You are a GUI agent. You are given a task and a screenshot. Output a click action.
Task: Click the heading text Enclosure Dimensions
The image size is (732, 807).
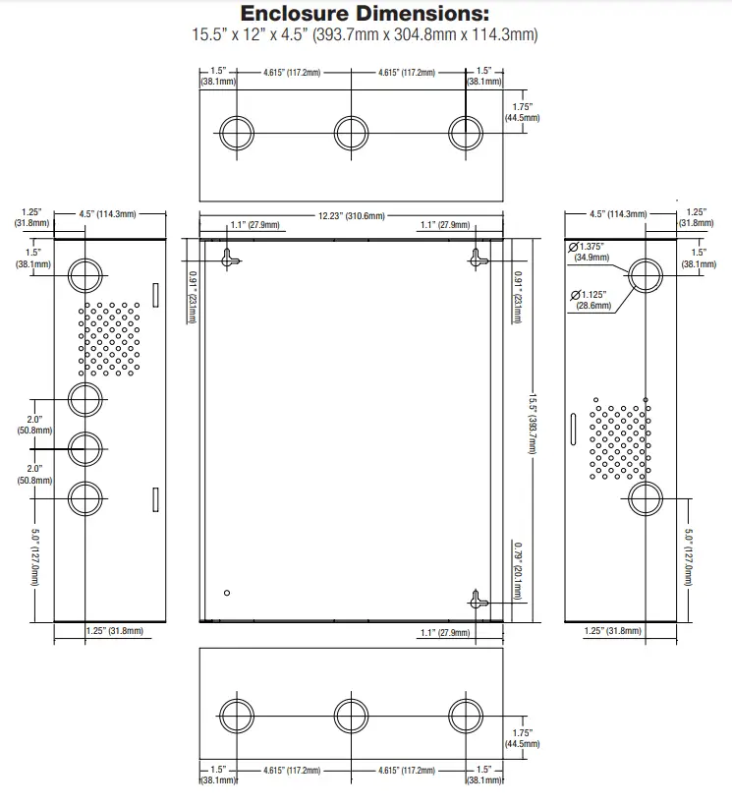365,14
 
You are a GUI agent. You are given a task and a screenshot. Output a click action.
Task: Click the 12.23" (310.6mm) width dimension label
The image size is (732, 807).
352,215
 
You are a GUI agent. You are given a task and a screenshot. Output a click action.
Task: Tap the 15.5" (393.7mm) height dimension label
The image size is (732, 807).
533,425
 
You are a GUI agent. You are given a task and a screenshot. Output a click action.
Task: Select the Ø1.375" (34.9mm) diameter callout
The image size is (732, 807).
587,252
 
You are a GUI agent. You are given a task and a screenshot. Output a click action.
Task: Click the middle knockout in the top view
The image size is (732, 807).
352,133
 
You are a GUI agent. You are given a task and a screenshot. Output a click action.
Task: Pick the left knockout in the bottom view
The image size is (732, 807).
237,716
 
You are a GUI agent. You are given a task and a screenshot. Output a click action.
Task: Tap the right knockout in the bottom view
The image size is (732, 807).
466,716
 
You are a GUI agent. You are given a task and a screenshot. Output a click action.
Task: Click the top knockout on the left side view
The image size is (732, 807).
85,276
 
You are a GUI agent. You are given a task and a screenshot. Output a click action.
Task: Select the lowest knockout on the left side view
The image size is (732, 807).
85,498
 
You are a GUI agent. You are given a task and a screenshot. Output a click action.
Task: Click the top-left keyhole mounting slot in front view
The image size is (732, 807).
229,259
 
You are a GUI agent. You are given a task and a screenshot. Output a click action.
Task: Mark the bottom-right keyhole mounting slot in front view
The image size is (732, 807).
478,600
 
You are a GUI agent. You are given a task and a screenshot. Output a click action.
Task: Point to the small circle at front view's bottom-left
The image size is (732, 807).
227,593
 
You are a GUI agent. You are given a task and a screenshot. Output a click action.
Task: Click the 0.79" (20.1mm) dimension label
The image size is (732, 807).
518,571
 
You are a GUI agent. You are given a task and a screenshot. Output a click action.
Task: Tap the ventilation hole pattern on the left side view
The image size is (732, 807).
109,339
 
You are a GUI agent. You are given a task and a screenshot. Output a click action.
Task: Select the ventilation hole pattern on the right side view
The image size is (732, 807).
620,439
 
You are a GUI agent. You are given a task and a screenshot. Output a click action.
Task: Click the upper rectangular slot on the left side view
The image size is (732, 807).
156,295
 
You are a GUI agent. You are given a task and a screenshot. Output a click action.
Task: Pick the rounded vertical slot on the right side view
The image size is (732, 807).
573,429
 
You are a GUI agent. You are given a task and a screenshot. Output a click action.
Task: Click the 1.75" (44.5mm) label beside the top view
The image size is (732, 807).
522,112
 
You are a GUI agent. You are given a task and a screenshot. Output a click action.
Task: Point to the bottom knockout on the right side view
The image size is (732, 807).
646,498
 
